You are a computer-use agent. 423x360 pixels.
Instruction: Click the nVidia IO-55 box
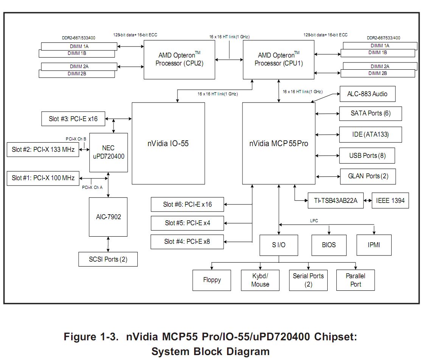(x=168, y=143)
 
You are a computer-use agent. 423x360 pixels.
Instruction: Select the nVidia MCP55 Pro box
(x=278, y=143)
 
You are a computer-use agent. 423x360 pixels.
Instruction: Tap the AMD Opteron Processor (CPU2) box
(x=179, y=59)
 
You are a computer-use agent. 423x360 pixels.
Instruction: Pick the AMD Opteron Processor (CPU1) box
(x=278, y=59)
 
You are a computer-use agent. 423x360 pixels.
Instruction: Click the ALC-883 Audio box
(x=367, y=94)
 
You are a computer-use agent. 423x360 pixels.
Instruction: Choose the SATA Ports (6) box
(x=370, y=113)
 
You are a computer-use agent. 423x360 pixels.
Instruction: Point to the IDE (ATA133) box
(x=370, y=134)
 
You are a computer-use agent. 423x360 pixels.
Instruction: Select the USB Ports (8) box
(x=367, y=156)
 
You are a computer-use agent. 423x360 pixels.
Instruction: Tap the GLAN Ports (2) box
(x=368, y=176)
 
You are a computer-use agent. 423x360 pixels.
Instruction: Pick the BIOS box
(x=329, y=245)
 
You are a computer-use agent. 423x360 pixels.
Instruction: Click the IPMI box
(x=374, y=245)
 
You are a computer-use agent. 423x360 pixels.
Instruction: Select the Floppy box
(x=211, y=280)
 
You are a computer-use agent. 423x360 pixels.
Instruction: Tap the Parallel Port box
(x=355, y=280)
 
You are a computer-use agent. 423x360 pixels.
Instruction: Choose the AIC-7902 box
(x=108, y=217)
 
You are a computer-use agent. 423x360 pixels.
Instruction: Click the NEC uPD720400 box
(x=108, y=153)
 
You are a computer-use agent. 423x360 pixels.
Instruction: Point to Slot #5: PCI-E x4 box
(x=187, y=223)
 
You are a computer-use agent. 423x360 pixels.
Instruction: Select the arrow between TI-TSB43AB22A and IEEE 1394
(x=367, y=201)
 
